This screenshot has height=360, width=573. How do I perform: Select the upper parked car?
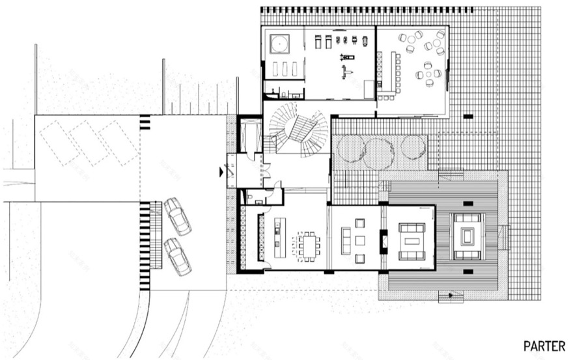pyautogui.click(x=177, y=216)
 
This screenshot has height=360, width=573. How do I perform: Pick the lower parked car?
pyautogui.click(x=177, y=256)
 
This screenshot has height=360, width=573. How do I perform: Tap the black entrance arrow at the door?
pyautogui.click(x=222, y=173)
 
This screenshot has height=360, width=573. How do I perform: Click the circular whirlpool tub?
pyautogui.click(x=281, y=44)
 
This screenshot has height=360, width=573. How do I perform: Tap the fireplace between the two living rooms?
pyautogui.click(x=384, y=241)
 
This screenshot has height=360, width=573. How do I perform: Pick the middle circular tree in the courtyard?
pyautogui.click(x=378, y=152)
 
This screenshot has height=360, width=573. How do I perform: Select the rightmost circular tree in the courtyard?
pyautogui.click(x=413, y=147)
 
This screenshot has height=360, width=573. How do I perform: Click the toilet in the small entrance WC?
pyautogui.click(x=250, y=195)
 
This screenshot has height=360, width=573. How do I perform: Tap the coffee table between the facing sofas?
pyautogui.click(x=411, y=239)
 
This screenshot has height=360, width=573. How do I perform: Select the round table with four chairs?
pyautogui.click(x=430, y=75)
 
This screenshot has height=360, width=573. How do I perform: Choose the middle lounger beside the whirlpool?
pyautogui.click(x=284, y=68)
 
